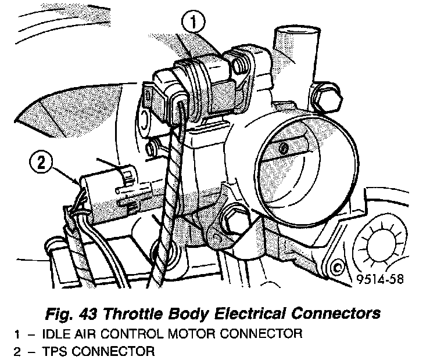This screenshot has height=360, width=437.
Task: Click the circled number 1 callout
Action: pyautogui.click(x=194, y=23)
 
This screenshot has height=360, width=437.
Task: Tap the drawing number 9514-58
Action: pyautogui.click(x=381, y=279)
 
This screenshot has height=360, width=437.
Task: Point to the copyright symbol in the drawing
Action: pyautogui.click(x=338, y=268)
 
